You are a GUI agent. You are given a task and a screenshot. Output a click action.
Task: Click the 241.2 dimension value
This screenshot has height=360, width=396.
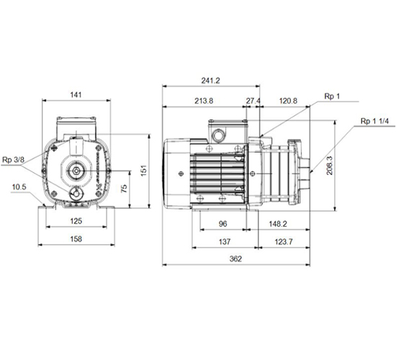coord(211,81)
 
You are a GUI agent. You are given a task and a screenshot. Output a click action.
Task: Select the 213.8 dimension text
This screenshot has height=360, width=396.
coord(204,101)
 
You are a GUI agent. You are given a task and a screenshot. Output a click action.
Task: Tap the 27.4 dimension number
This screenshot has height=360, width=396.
coord(253,101)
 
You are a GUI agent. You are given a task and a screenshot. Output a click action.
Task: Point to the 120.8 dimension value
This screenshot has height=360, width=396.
coord(288,101)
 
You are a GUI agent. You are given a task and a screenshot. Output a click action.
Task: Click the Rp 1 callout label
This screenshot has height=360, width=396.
coord(332,96)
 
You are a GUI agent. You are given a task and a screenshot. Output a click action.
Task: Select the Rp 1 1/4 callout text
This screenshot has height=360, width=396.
coord(374,121)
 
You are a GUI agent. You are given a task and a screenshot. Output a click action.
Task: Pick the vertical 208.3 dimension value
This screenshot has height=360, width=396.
coord(330,166)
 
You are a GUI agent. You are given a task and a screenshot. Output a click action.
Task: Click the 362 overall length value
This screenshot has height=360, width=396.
coord(235,258)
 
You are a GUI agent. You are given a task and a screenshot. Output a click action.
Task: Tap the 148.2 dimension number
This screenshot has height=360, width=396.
coord(278,224)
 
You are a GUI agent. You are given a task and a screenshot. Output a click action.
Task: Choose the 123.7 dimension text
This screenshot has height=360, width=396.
coord(284,242)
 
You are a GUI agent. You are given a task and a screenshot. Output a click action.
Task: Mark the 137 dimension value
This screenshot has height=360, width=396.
coord(225,242)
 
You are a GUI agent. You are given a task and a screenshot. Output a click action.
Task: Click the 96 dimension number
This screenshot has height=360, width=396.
coord(222,224)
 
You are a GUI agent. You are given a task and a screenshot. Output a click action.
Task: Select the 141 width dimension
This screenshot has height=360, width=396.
coord(76,95)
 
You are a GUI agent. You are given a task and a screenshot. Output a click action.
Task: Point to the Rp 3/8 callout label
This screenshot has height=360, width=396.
coord(14,160)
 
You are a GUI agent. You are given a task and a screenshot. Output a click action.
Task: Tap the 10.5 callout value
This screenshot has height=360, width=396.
coord(19,187)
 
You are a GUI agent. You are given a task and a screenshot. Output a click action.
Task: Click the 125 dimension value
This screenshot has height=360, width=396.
coord(76,221)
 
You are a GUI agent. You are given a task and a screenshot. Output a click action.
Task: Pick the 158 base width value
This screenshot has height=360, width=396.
coord(76,239)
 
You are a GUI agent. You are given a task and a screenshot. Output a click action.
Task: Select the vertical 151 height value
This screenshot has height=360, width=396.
coord(143,171)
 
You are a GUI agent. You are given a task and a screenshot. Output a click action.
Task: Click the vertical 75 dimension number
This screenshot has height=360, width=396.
coord(124,189)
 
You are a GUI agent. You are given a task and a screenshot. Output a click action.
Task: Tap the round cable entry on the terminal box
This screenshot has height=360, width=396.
coord(217,135)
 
